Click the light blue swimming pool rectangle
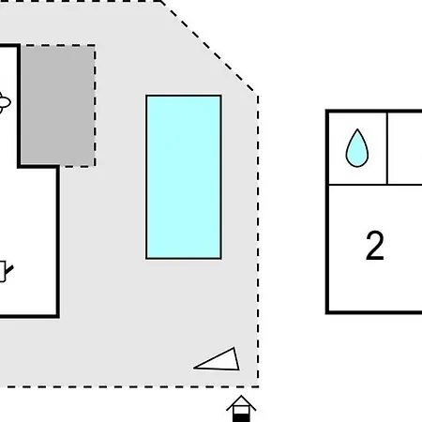184,177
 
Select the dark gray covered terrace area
58,105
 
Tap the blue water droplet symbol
357,148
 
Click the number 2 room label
375,246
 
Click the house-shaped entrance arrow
241,409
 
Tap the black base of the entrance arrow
241,418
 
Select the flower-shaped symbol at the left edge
5,102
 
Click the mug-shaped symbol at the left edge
5,271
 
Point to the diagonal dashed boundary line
209,47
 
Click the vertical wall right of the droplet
387,148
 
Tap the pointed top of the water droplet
357,128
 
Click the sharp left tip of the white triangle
194,368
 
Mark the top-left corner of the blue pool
146,96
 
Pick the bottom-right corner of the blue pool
221,259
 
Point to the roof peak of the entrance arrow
241,396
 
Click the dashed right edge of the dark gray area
95,105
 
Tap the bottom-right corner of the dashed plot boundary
258,386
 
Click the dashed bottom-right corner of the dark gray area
95,166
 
